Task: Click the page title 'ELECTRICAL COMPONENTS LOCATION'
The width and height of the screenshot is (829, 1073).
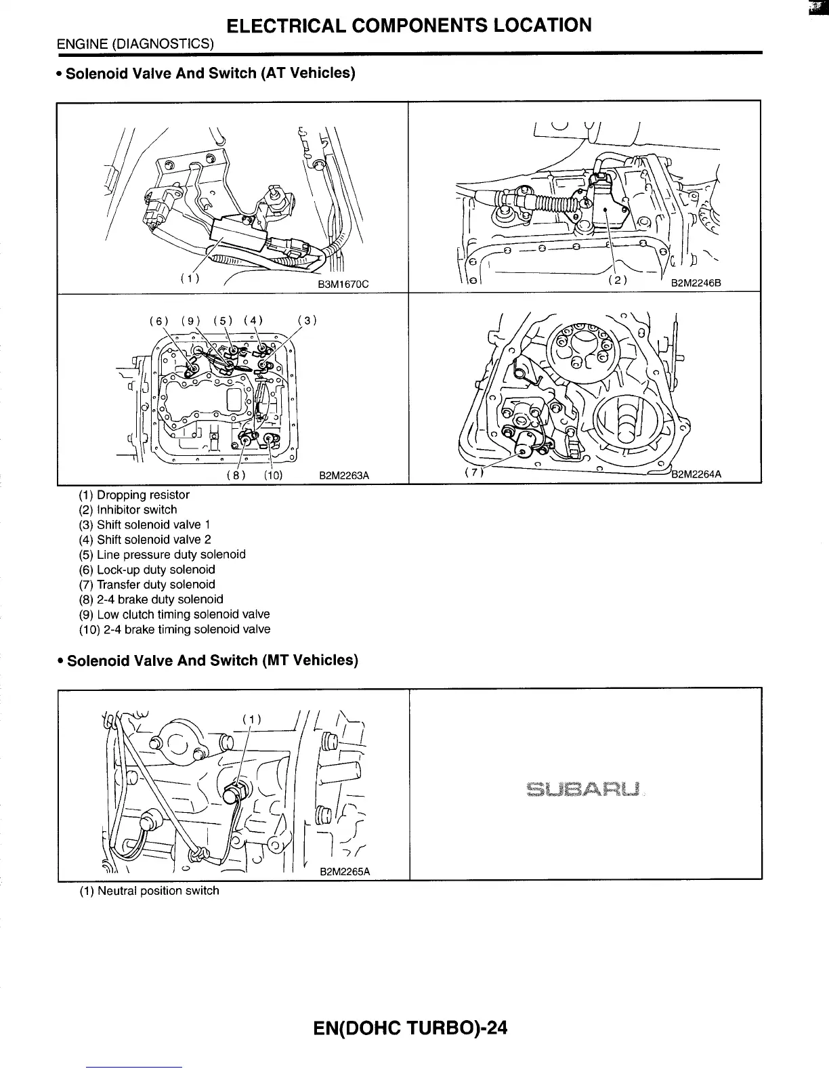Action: coord(409,26)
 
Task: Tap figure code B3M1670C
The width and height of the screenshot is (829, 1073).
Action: coord(343,285)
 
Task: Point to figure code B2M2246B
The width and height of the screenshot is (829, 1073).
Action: coord(696,285)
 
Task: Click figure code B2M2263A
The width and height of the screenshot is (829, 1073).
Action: coord(344,476)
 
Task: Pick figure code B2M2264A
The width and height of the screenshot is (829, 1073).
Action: coord(696,474)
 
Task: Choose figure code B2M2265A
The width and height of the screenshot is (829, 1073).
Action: coord(344,872)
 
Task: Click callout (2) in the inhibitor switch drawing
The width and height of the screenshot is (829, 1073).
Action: coord(617,279)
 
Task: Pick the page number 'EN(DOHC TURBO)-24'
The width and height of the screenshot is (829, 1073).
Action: coord(410,1028)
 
